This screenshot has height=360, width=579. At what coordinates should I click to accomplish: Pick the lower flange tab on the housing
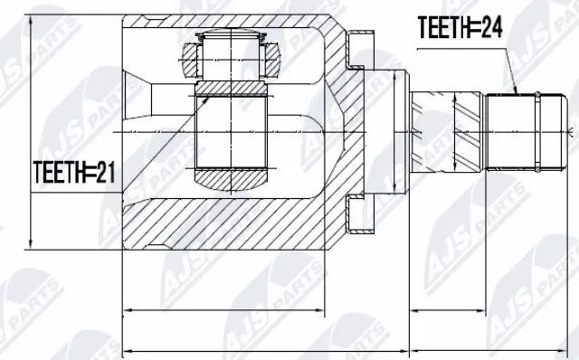[360, 216]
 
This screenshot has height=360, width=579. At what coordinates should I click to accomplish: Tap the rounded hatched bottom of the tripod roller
[232, 180]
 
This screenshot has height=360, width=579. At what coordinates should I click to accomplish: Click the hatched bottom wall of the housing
[226, 222]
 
